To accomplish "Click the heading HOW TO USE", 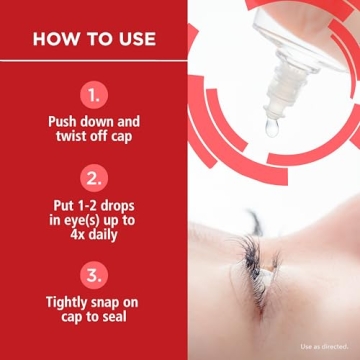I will click(93, 39).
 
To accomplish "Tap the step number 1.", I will click(93, 96).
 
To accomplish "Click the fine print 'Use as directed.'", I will click(324, 347).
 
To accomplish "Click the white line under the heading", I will click(93, 62).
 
